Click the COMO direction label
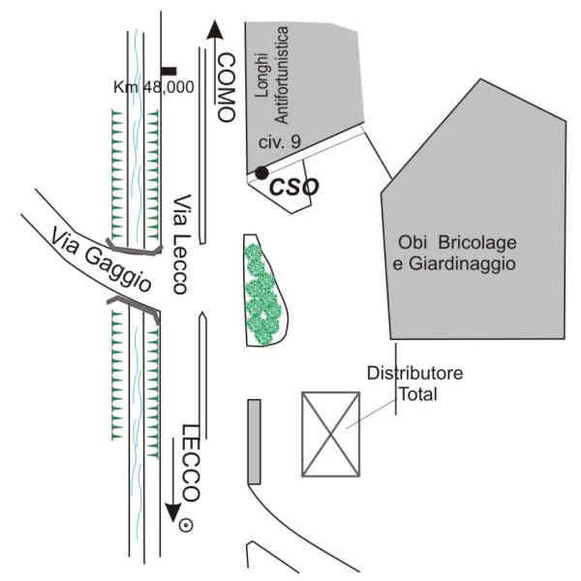click(x=226, y=84)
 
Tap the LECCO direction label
click(x=191, y=462)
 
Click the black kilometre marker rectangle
click(x=168, y=70)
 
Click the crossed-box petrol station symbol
click(x=331, y=434)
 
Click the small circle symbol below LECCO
click(x=186, y=526)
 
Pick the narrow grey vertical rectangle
click(x=254, y=441)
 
